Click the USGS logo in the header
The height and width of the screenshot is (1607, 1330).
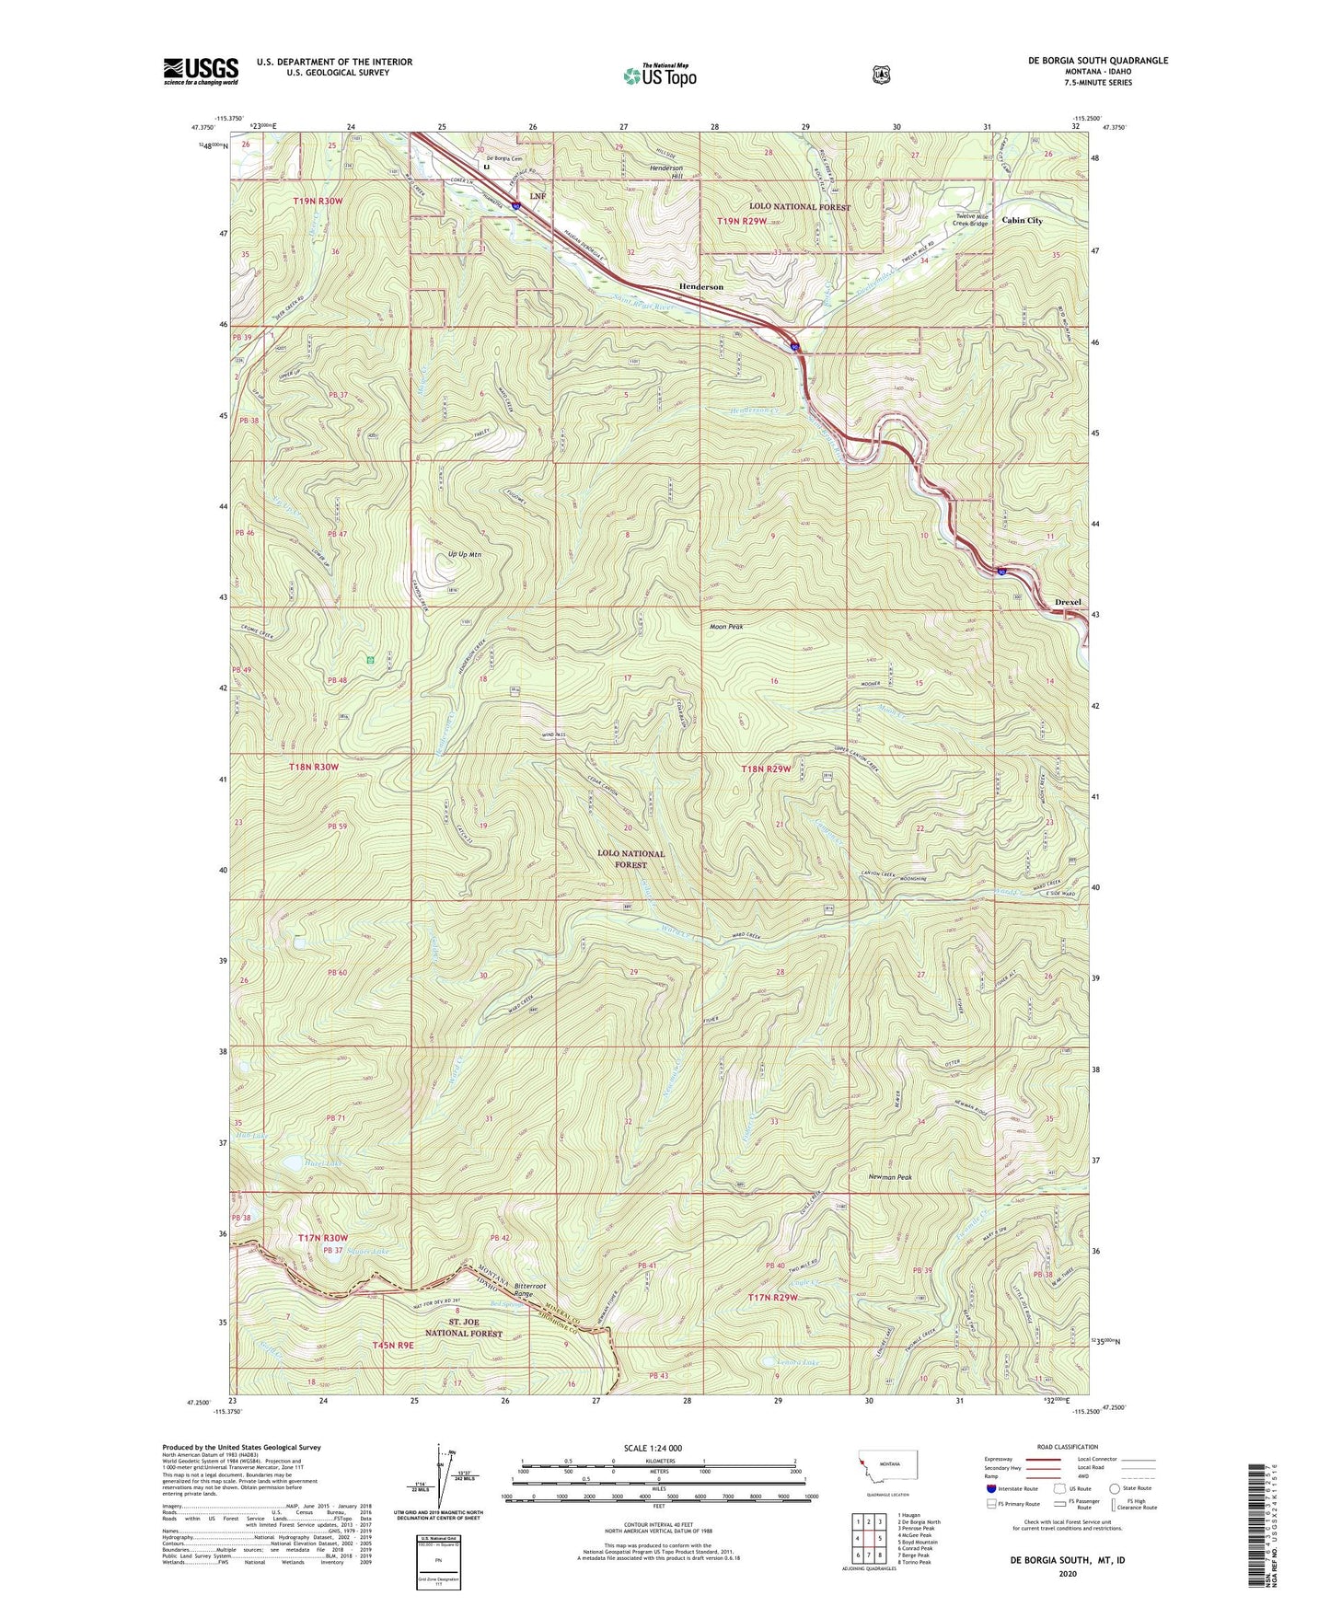tap(201, 70)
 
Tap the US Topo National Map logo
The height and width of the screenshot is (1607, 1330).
tap(659, 75)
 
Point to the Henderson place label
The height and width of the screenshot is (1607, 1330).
tap(700, 287)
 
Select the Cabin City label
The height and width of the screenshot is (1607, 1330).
tap(1022, 221)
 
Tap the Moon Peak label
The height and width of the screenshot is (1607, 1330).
tap(726, 627)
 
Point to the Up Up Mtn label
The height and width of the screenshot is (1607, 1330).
tap(464, 555)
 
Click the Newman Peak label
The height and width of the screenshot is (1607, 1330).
tap(890, 1176)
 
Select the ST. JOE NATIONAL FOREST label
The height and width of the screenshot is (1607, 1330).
tap(463, 1327)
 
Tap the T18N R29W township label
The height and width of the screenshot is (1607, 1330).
tap(766, 769)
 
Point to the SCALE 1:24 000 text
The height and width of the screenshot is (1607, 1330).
tap(653, 1448)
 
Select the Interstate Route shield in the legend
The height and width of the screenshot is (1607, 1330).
tap(990, 1488)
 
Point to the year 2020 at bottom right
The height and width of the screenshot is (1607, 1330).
tap(1068, 1573)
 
